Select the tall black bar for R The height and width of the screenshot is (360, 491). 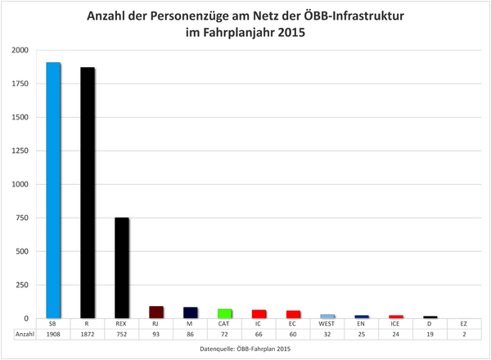click(x=88, y=192)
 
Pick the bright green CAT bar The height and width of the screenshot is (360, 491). click(x=224, y=313)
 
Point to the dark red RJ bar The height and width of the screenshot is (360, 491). click(x=155, y=312)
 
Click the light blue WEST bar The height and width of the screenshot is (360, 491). click(x=327, y=316)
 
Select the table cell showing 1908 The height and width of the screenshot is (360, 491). click(x=53, y=335)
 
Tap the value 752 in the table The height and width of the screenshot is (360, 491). click(x=121, y=335)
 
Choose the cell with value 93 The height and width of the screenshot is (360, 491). click(x=155, y=335)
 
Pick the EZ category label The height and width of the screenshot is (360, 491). click(x=464, y=324)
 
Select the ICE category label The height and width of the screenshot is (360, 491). click(x=395, y=324)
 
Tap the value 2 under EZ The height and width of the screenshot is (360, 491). click(x=464, y=335)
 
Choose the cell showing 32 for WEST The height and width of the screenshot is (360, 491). click(x=327, y=335)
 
